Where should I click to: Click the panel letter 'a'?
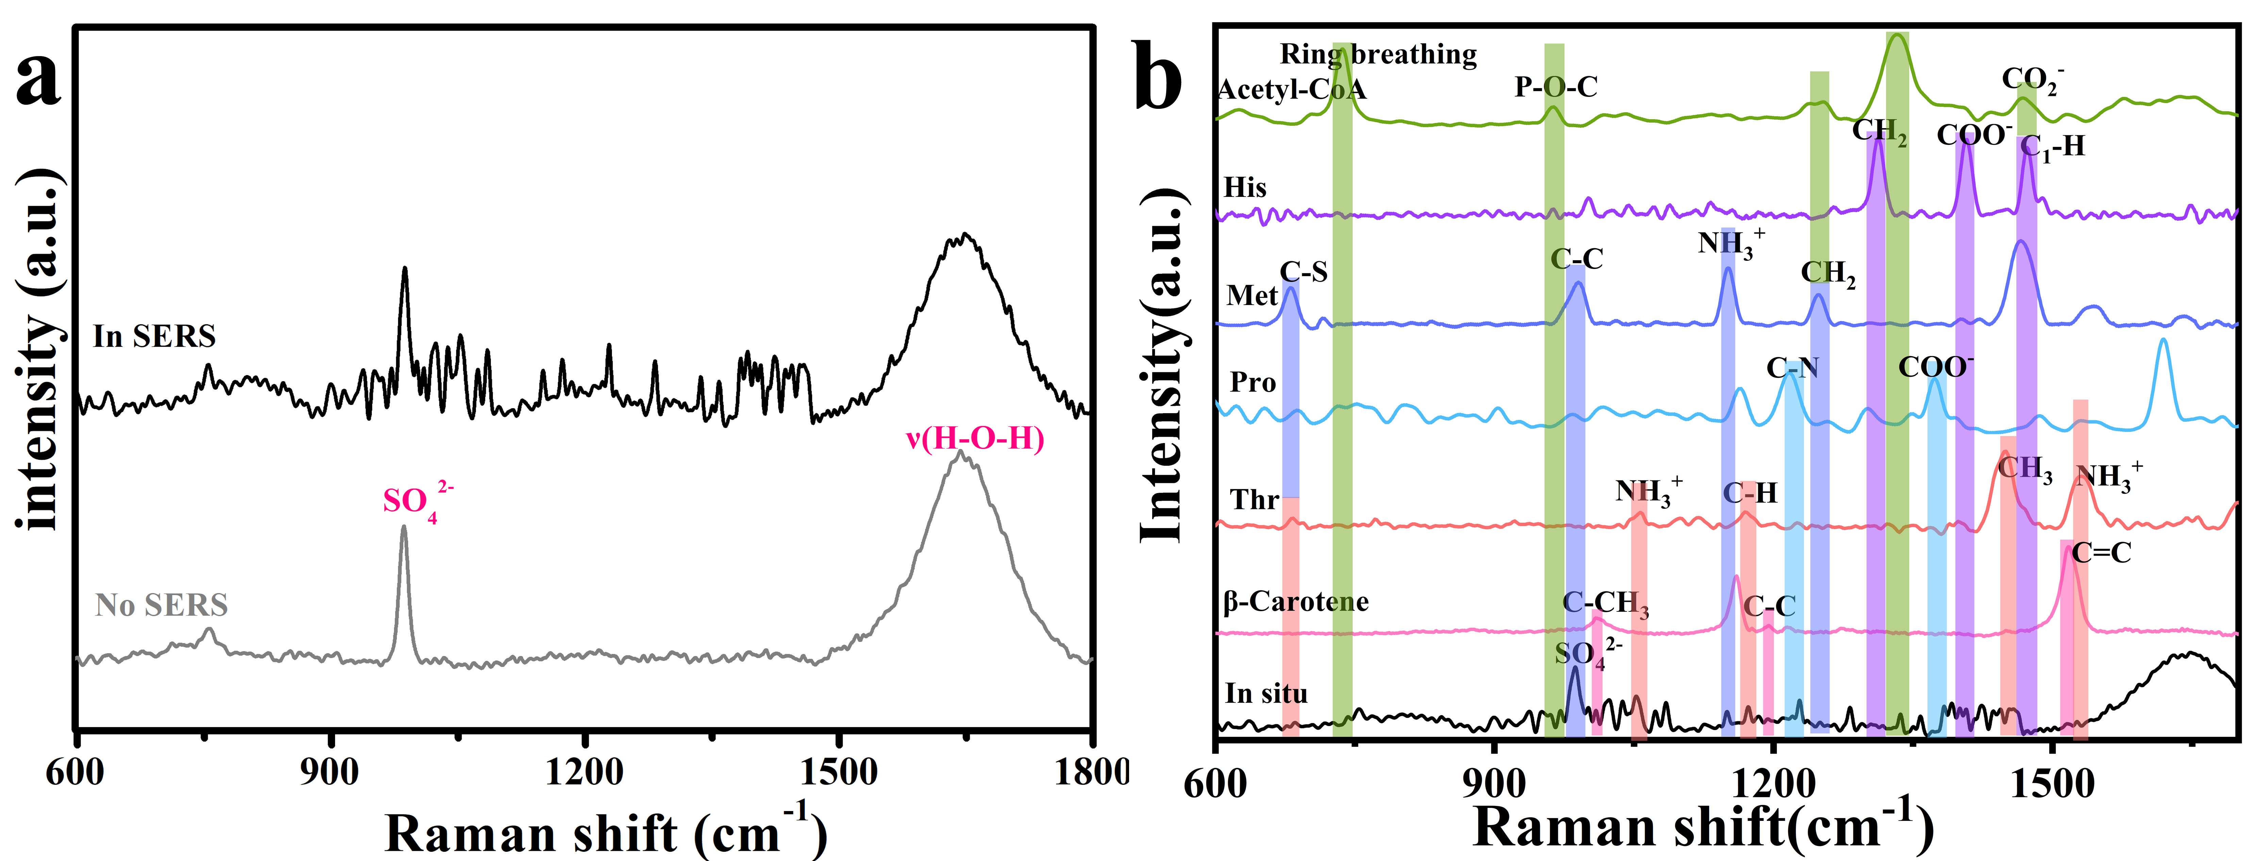(x=39, y=80)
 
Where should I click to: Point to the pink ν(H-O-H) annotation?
(x=975, y=438)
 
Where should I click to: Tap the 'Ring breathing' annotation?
(x=1378, y=54)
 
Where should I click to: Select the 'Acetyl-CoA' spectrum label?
(x=1291, y=90)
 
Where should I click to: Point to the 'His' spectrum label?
(x=1245, y=188)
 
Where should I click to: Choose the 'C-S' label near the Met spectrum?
(x=1303, y=272)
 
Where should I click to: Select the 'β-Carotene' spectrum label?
(x=1295, y=602)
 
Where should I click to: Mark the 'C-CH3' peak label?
(x=1605, y=603)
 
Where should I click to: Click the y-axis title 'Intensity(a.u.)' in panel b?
(x=1163, y=367)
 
